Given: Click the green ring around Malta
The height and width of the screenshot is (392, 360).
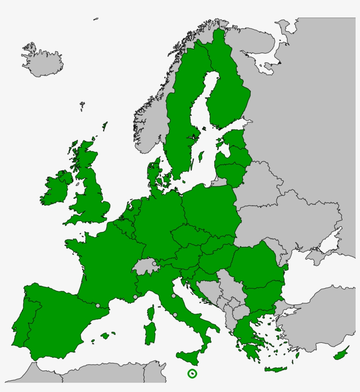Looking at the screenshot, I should click(x=192, y=374).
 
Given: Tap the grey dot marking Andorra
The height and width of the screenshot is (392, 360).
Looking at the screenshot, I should click(x=98, y=305).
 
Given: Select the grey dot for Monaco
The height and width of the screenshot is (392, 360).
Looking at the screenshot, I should click(x=135, y=297).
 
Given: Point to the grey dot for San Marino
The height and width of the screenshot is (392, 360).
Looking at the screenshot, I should click(x=174, y=296).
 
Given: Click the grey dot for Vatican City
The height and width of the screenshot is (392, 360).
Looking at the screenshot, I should click(x=175, y=314).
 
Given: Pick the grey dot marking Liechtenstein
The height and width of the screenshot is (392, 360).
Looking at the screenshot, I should click(x=154, y=264).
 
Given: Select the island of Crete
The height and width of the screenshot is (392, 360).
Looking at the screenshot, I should click(x=276, y=370).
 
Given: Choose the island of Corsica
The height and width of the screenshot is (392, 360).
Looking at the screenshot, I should click(x=151, y=313).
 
